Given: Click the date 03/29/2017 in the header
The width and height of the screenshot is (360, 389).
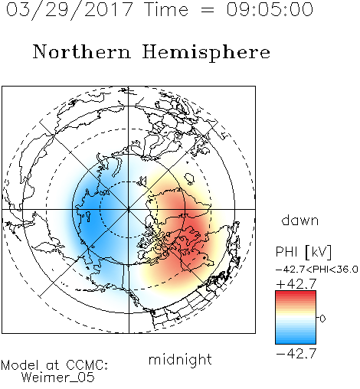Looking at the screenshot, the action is pos(70,10).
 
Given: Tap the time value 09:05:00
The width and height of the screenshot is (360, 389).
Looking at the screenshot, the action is pos(270,9).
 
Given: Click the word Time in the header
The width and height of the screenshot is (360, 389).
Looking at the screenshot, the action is pos(166,9).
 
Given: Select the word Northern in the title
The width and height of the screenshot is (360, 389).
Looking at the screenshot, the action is pos(82,52).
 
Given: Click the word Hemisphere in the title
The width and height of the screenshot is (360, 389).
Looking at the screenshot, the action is pos(206,53).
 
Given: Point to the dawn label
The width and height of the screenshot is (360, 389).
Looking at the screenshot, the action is pos(300,220).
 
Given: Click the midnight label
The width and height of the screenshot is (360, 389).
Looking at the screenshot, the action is pos(180,359).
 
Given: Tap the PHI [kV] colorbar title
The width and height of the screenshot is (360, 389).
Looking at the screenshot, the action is pos(303,252).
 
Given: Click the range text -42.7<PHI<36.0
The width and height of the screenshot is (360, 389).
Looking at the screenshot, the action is pos(317,270).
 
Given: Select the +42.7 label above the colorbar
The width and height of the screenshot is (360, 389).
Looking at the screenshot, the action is pos(296,284).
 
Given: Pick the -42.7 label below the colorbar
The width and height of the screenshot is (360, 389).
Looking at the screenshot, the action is pos(296,354).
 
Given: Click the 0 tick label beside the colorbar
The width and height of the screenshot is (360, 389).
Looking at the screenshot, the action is pos(322,319).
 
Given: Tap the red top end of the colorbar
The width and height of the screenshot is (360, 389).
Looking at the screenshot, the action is pos(296,293).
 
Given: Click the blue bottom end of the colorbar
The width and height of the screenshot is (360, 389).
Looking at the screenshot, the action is pos(296,342).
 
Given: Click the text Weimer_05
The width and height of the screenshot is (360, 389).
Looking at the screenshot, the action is pos(58,378).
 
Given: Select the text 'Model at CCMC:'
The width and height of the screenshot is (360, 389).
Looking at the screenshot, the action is pos(54,365).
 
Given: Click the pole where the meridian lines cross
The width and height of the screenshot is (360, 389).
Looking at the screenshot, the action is pos(129,209).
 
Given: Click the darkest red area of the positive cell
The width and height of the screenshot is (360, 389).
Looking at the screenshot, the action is pos(193,230).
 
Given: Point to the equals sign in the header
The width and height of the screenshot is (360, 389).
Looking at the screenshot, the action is pos(208,10).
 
